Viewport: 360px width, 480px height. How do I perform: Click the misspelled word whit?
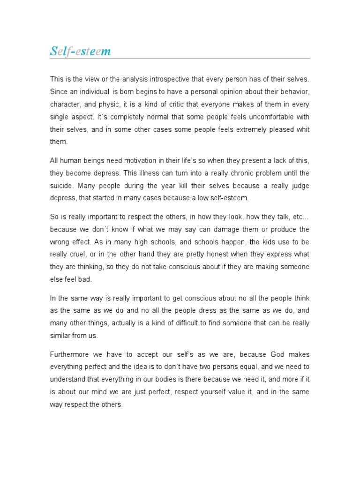(x=302, y=128)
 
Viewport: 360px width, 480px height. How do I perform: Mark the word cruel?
(x=78, y=255)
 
